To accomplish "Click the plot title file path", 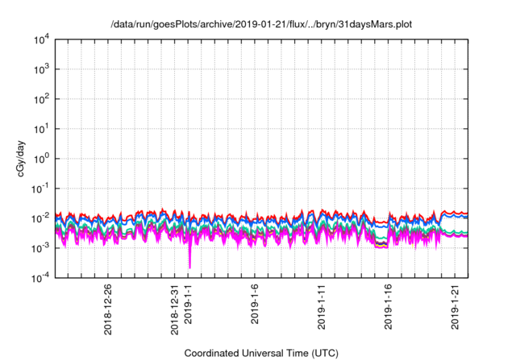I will (260, 24).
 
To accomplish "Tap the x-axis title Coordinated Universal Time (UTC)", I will (260, 353).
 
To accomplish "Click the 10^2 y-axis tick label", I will (43, 98).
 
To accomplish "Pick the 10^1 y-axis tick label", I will (43, 128).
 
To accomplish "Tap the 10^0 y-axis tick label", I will (43, 158).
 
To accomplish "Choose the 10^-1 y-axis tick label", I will (41, 188).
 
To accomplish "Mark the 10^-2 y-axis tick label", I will (41, 218).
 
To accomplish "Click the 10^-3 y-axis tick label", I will (41, 247).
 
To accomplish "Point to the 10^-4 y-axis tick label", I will (41, 276).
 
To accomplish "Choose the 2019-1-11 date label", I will (322, 304).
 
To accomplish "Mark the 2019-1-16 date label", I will (389, 304).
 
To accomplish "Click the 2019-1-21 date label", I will (456, 304).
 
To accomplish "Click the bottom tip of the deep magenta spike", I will (189, 268).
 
